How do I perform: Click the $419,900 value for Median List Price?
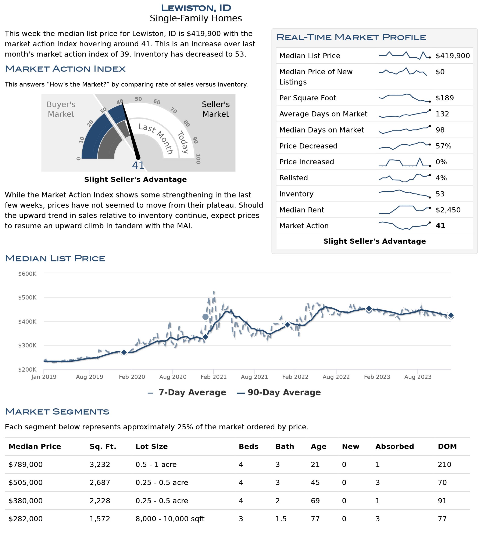[x=453, y=56]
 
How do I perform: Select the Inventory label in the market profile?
[x=296, y=194]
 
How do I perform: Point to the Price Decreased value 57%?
[x=443, y=146]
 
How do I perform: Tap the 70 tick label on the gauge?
[x=173, y=110]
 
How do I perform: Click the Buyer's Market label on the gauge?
[x=61, y=109]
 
